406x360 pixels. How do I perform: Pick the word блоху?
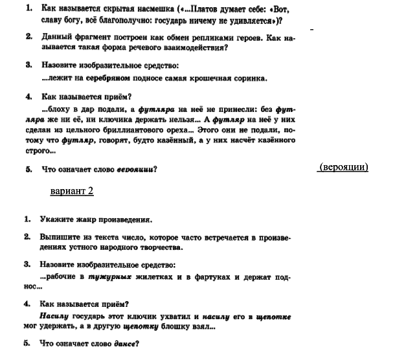pyautogui.click(x=63, y=109)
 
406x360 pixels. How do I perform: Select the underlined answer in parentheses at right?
pyautogui.click(x=343, y=167)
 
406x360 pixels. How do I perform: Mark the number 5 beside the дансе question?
pyautogui.click(x=27, y=344)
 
